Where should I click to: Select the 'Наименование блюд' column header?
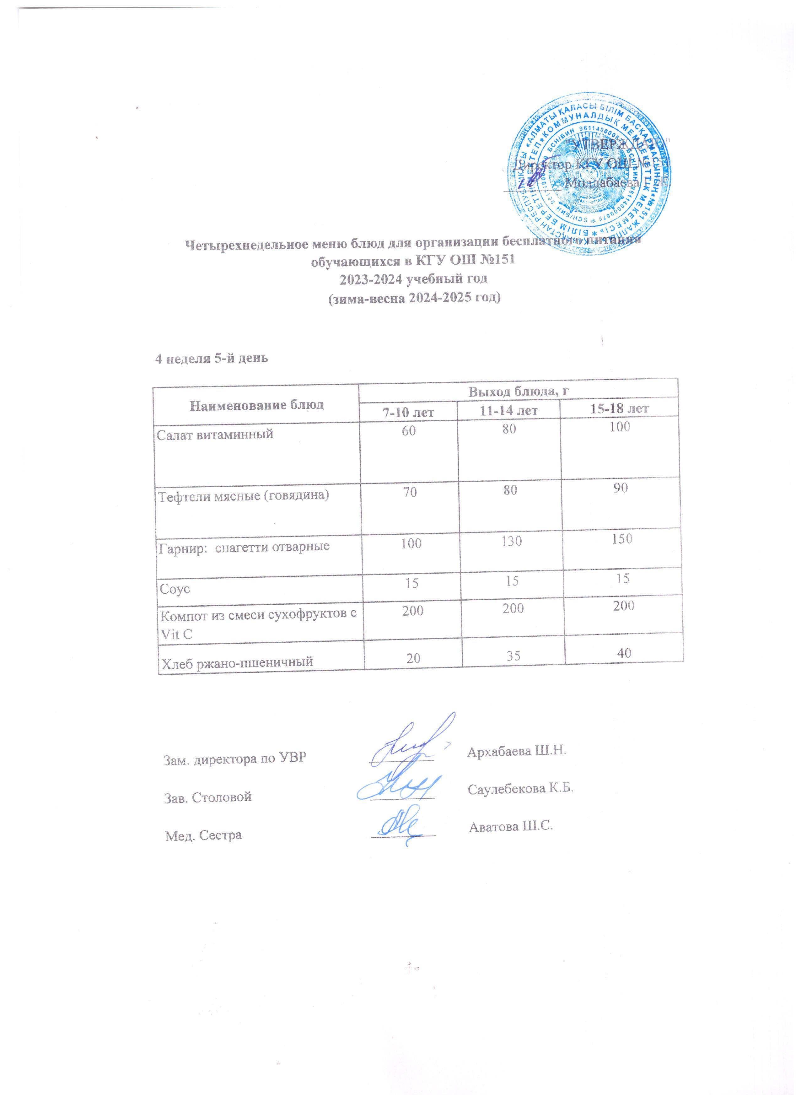256,404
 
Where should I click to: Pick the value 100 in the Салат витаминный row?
620,427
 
